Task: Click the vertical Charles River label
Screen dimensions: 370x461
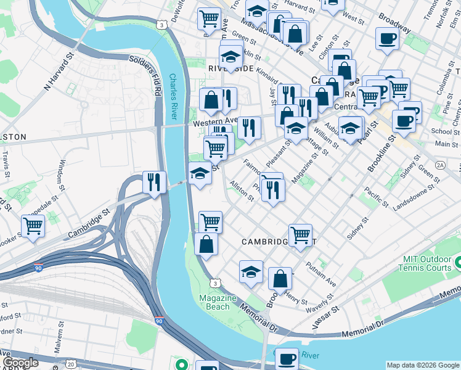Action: (174, 97)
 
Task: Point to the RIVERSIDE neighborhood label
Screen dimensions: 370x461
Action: (230, 68)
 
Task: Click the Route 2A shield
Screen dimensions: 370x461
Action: (439, 165)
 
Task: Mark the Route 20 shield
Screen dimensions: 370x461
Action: (70, 365)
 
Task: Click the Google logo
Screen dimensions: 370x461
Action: (20, 363)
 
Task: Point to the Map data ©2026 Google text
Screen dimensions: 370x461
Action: (422, 365)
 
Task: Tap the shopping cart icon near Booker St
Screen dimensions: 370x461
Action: (33, 226)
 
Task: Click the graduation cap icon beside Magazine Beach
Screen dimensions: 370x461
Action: (251, 271)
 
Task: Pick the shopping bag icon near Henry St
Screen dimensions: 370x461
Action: (280, 278)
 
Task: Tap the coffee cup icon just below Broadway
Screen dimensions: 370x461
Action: (387, 39)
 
